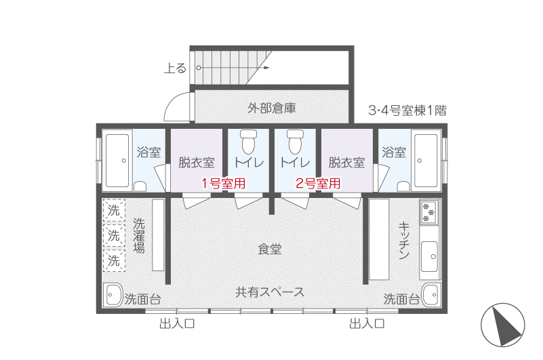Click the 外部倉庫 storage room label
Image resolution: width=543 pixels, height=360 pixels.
point(271,108)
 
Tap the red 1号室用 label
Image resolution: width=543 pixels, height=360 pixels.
point(224,183)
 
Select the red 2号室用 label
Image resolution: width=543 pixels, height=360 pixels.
point(318,183)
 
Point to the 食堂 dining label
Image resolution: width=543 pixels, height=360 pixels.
point(270,249)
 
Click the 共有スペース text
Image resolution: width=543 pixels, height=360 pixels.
point(270,292)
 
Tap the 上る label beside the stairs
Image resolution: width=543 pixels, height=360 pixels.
point(175,68)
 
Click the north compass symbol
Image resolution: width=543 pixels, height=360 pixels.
point(503,325)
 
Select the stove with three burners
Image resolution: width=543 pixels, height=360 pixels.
point(428,212)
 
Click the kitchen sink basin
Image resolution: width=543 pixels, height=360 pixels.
point(429,257)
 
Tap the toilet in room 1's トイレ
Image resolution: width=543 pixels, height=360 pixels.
point(248,142)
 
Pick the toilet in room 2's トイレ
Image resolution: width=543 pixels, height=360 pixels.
point(295,142)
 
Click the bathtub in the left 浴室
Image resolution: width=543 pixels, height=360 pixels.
point(117,161)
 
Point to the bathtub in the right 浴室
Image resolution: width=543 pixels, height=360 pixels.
point(426,161)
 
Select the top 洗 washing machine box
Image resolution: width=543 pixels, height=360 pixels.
point(114,210)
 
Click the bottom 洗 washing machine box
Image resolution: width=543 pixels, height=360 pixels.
point(114,260)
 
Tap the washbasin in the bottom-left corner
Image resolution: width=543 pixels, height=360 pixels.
point(114,295)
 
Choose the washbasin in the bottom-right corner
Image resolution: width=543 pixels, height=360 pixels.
point(430,295)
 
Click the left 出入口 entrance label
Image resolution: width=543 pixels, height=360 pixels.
point(177,324)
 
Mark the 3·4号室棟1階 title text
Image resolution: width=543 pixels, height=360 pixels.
point(407,111)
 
